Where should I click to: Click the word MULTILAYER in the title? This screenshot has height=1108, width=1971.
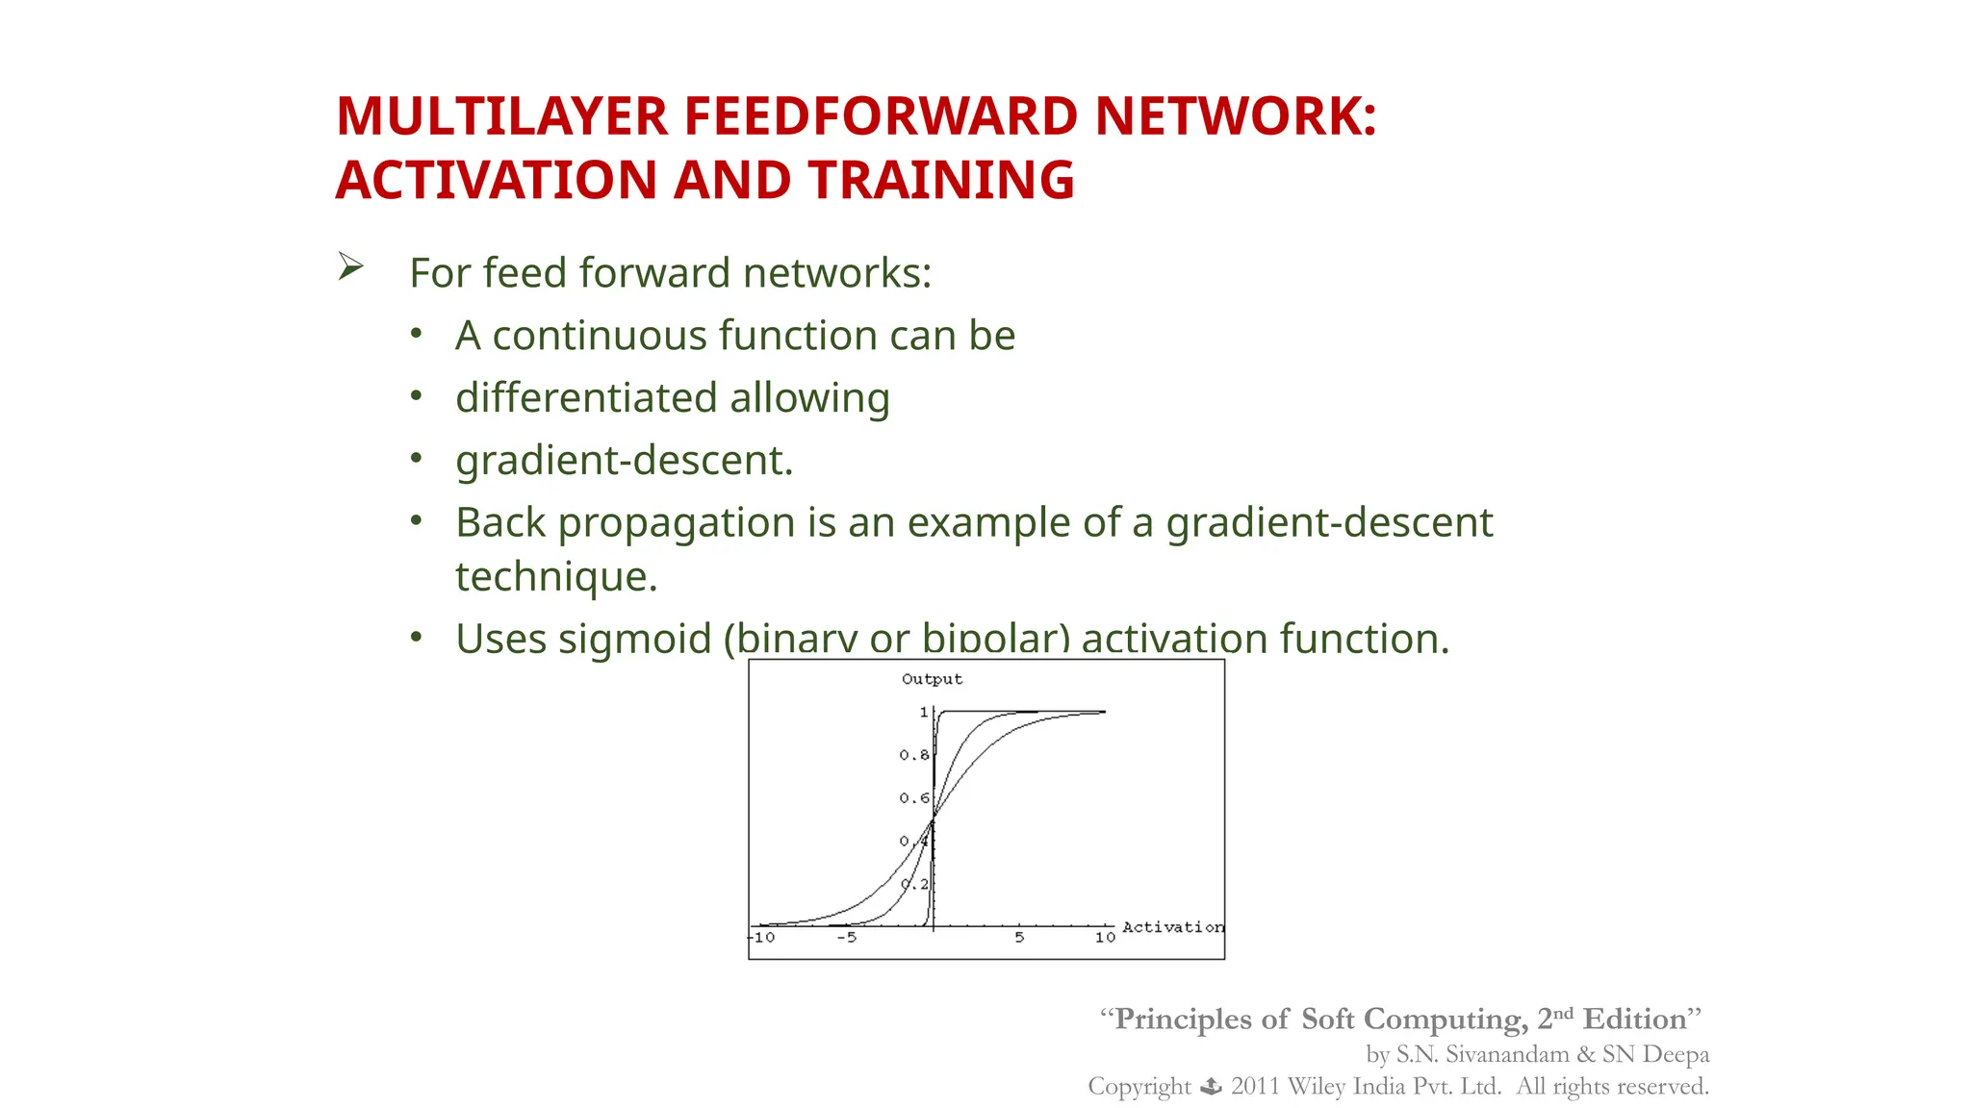click(x=501, y=116)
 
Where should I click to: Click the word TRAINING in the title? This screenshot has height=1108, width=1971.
click(x=940, y=181)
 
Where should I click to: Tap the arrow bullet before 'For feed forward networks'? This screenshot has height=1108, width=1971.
click(x=350, y=266)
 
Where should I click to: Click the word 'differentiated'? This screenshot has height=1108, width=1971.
click(x=586, y=398)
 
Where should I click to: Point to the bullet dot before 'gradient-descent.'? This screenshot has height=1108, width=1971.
click(x=416, y=459)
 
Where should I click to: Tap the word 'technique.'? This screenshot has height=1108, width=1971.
click(x=556, y=577)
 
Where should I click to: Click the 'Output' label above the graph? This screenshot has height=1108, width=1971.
click(x=932, y=679)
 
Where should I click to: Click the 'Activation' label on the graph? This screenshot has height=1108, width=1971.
click(x=1172, y=927)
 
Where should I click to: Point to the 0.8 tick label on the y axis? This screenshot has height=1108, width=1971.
click(x=914, y=755)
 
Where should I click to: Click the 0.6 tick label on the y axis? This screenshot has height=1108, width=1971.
click(x=914, y=798)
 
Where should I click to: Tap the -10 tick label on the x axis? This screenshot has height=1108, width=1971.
click(x=762, y=938)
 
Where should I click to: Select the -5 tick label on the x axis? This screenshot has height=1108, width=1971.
click(x=846, y=938)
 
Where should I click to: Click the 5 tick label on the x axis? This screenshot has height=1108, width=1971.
click(x=1019, y=938)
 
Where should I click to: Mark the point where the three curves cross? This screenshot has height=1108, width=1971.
click(x=933, y=819)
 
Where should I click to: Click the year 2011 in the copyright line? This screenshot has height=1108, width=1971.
click(x=1254, y=1087)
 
